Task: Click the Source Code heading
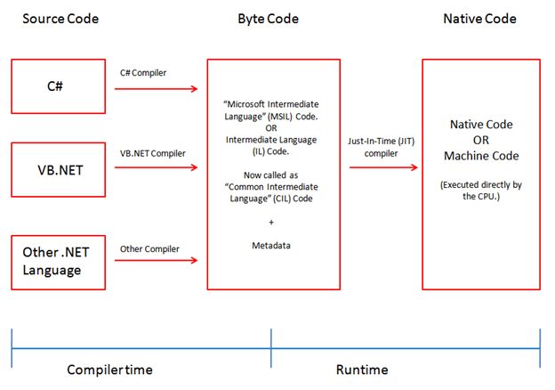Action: pyautogui.click(x=60, y=19)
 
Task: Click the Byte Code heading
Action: pyautogui.click(x=269, y=19)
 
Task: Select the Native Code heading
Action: pyautogui.click(x=479, y=19)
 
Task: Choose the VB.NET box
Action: pyautogui.click(x=59, y=169)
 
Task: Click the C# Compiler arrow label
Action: pyautogui.click(x=144, y=71)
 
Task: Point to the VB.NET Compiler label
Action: pyautogui.click(x=153, y=153)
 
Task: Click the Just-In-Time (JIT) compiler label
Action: pyautogui.click(x=381, y=148)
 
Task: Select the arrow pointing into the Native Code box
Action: pyautogui.click(x=383, y=167)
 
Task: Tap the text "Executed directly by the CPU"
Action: pyautogui.click(x=480, y=191)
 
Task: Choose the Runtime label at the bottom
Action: pyautogui.click(x=363, y=369)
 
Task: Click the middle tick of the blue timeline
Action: pyautogui.click(x=271, y=338)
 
